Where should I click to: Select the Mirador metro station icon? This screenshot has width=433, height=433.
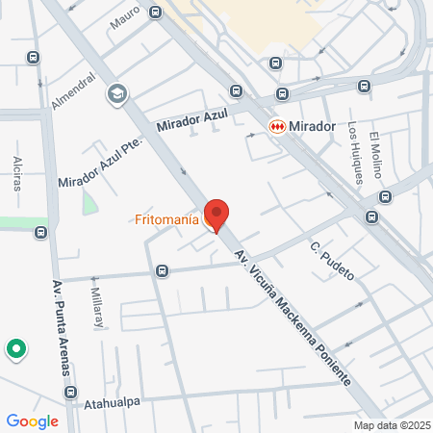tap(277, 125)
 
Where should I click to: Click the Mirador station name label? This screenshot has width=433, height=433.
tap(314, 126)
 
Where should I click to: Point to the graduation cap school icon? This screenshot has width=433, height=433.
tap(117, 93)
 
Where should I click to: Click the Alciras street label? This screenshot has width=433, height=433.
tap(17, 172)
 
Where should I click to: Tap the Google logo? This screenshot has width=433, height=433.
tap(32, 420)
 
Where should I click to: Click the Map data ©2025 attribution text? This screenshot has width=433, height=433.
tap(392, 425)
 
